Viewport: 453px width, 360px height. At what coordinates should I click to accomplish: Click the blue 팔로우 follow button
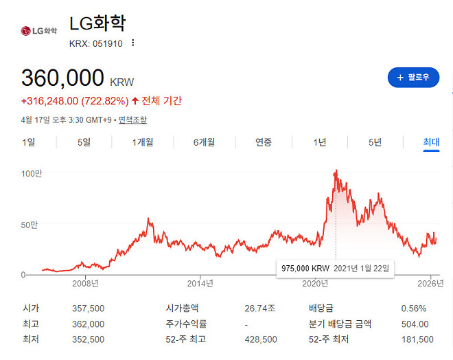(x=413, y=77)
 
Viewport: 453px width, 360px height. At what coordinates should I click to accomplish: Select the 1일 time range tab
(x=28, y=142)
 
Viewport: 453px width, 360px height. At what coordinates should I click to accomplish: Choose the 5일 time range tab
(x=84, y=142)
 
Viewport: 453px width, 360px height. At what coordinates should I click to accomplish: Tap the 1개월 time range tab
(x=143, y=142)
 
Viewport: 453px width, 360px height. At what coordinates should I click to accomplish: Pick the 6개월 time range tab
(x=204, y=142)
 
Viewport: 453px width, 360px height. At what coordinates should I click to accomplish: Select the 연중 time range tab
(x=264, y=142)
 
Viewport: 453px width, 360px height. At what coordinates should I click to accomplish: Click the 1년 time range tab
(x=319, y=142)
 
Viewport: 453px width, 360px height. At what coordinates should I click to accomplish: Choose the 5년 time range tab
(x=375, y=142)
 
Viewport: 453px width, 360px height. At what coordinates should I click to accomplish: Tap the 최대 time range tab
(x=431, y=142)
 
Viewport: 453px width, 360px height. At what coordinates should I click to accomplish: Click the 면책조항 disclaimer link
(x=132, y=120)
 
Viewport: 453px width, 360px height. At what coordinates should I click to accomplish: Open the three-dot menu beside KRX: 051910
(x=133, y=43)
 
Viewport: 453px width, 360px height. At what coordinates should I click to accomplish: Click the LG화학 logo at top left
(x=40, y=31)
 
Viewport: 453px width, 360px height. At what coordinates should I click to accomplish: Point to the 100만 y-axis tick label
(x=32, y=174)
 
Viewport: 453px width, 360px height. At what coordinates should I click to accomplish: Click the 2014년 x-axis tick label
(x=200, y=282)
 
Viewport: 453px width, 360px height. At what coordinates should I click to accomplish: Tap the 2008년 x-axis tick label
(x=85, y=282)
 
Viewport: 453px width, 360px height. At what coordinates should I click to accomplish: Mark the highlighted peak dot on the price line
(x=336, y=173)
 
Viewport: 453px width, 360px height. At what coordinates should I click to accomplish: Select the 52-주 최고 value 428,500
(x=261, y=339)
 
